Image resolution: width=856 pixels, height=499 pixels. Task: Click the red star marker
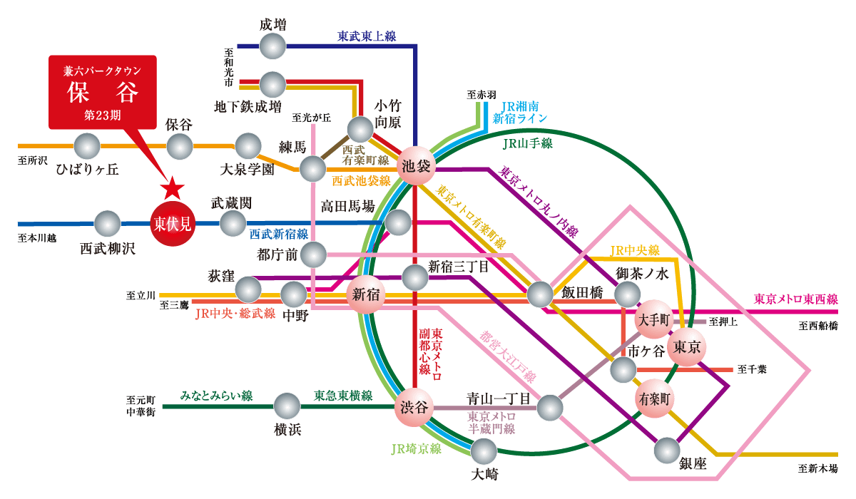172,188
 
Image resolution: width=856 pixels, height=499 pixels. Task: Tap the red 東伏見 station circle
173,225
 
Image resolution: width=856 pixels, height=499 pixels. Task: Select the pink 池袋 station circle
417,165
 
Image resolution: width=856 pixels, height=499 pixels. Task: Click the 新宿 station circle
365,294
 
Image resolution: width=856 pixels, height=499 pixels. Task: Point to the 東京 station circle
690,347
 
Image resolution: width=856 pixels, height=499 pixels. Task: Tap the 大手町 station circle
654,319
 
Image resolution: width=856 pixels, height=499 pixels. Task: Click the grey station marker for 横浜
287,406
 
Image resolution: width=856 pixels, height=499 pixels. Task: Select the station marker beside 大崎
484,452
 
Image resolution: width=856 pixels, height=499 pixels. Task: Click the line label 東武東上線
367,36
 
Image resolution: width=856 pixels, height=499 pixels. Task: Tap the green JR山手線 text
527,143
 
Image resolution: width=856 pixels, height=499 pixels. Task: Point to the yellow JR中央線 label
635,250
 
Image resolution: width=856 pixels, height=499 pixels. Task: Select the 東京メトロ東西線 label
796,299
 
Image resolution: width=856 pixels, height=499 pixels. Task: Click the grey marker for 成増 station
272,46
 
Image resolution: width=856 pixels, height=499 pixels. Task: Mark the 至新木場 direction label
817,468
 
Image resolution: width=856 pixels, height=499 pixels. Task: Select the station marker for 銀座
667,451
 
